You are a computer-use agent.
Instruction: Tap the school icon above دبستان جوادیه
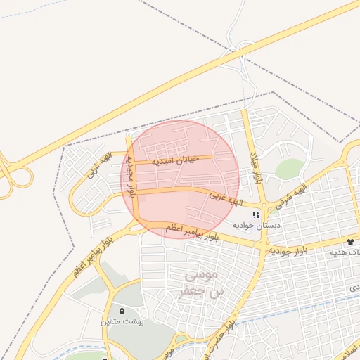point(257,214)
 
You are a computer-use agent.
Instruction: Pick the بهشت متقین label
point(124,321)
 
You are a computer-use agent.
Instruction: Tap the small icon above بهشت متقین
point(123,310)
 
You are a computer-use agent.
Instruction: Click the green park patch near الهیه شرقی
point(289,169)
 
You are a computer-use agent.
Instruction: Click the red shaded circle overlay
point(181,179)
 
